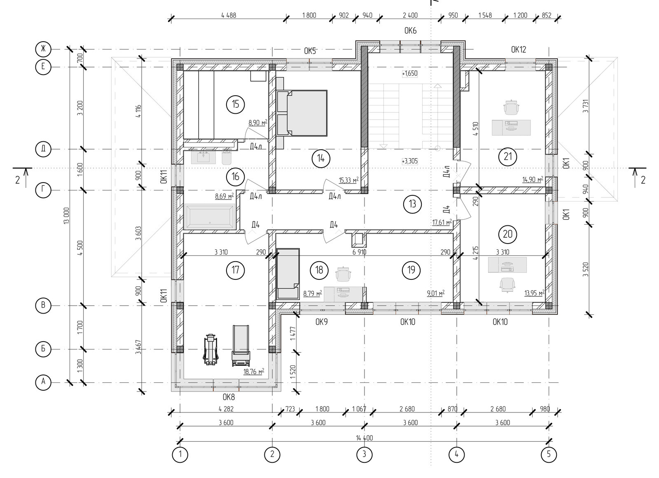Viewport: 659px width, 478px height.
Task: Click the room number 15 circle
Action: (235, 104)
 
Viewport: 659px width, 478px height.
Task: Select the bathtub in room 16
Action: (210, 217)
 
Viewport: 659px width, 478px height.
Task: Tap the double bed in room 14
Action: (302, 113)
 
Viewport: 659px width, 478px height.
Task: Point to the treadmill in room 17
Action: (241, 346)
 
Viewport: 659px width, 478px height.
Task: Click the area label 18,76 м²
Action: (254, 372)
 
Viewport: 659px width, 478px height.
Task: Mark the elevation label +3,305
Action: (409, 161)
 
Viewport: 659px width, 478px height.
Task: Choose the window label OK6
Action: (410, 31)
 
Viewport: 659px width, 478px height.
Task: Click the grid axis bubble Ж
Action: (43, 49)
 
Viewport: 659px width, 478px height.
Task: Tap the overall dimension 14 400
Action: (364, 438)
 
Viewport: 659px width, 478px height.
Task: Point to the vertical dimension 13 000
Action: (66, 216)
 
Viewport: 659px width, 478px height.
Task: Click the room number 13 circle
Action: (412, 204)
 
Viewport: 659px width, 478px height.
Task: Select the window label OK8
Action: (229, 397)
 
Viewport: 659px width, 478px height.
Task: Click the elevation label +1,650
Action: (409, 73)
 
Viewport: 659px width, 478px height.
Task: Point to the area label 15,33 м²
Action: (348, 180)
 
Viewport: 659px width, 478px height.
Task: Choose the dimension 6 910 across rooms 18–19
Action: (359, 252)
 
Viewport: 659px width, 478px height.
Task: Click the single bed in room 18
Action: (288, 274)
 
